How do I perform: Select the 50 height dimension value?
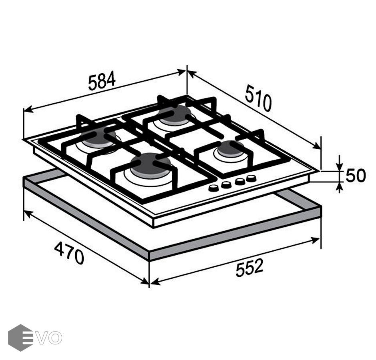356,176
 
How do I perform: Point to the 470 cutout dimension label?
69,253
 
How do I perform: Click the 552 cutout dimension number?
249,268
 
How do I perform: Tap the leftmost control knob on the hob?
213,188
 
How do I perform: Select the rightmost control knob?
251,178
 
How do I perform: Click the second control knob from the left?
226,185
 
